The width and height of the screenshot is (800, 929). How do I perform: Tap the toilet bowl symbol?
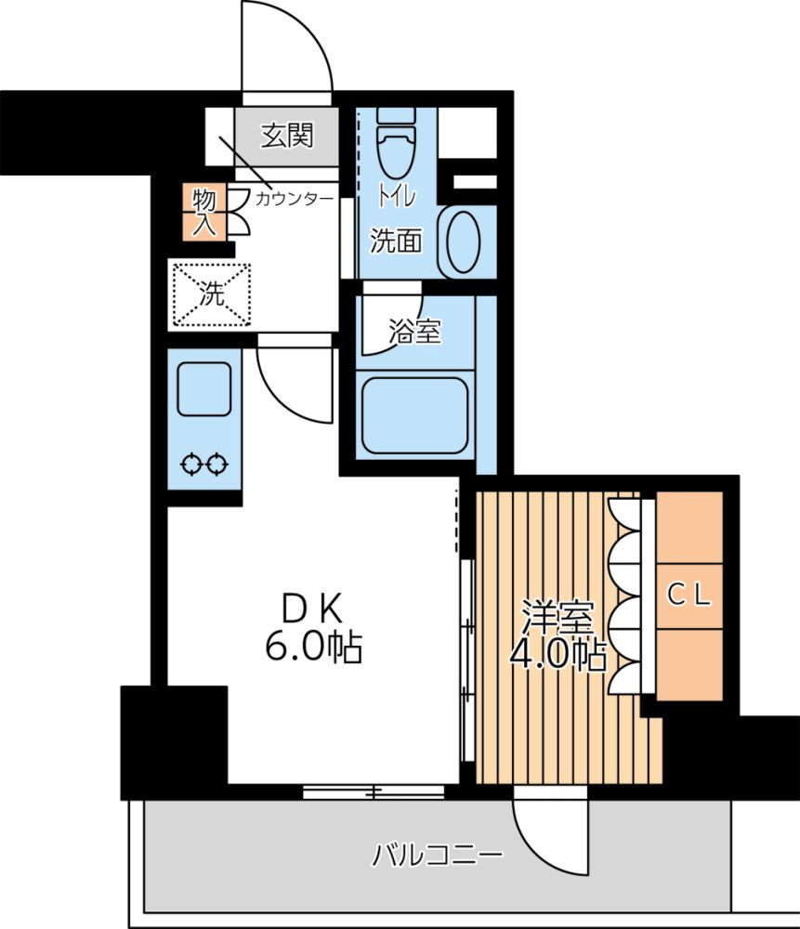tap(396, 145)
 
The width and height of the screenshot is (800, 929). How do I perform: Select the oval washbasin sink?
tap(463, 242)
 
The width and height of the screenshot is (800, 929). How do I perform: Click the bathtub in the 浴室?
tap(414, 414)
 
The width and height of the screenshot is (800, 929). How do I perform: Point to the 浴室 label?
tap(414, 332)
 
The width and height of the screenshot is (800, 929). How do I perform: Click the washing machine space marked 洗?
tap(212, 294)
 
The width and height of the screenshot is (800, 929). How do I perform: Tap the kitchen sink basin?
tap(204, 388)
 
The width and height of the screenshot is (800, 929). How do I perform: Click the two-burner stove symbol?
tap(204, 464)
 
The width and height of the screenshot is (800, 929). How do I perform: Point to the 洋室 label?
tap(557, 618)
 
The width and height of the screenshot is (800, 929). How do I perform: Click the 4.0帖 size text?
tap(557, 654)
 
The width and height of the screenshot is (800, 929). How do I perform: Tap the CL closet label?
tap(689, 595)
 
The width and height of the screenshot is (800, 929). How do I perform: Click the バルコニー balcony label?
tap(438, 855)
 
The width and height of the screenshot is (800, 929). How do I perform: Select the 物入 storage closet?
tap(204, 213)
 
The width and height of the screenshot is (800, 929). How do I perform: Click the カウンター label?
tap(295, 199)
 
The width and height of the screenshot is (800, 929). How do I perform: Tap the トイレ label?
tap(397, 197)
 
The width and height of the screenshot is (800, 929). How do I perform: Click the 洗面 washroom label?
tap(396, 242)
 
